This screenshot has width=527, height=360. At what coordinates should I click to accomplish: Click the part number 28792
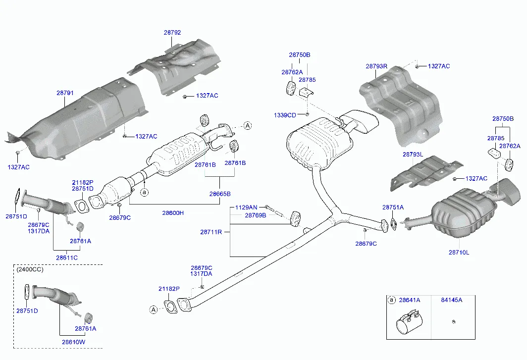[172, 33]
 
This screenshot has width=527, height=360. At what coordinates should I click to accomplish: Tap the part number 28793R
[376, 66]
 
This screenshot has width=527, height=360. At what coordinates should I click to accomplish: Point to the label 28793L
[413, 154]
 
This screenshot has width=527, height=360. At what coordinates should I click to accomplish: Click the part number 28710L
[459, 253]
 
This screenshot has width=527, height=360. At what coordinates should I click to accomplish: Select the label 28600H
[172, 213]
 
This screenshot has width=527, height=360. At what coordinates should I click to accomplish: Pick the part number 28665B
[219, 194]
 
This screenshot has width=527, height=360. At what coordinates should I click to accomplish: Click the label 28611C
[66, 258]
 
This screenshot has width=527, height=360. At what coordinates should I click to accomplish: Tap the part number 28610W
[73, 342]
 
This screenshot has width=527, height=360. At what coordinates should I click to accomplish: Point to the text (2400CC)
[30, 270]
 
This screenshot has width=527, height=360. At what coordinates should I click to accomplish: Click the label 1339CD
[285, 115]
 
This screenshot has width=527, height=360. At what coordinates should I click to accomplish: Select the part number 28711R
[211, 232]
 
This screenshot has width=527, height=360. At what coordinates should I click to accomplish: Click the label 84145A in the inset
[451, 300]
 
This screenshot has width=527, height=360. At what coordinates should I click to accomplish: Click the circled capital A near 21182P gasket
[153, 310]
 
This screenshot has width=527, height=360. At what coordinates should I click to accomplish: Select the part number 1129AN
[246, 207]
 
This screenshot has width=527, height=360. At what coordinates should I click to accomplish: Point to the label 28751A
[393, 207]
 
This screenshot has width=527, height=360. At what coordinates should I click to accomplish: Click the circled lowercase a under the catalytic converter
[144, 192]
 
